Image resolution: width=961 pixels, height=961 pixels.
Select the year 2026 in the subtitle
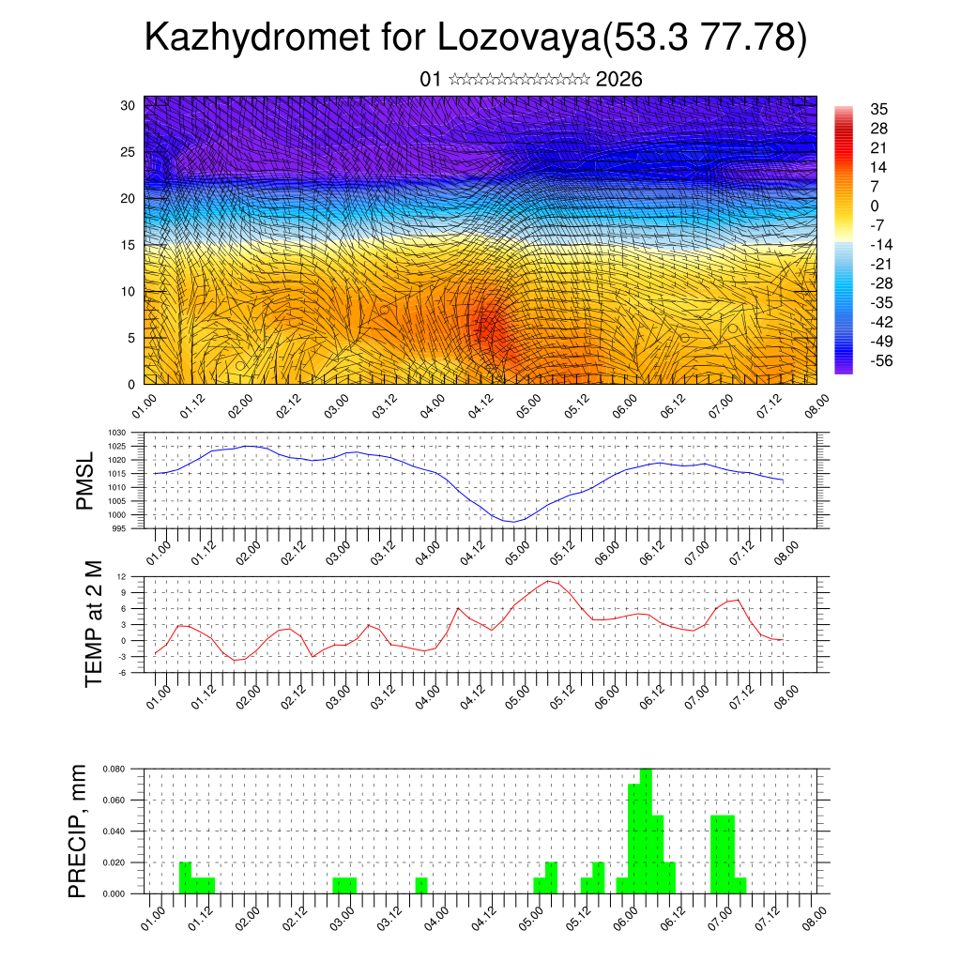coord(618,80)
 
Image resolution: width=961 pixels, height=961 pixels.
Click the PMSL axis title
coord(85,480)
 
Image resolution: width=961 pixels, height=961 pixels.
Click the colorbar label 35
coord(879,110)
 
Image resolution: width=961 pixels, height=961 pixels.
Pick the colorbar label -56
coord(881,360)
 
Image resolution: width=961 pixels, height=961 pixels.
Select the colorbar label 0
coord(875,206)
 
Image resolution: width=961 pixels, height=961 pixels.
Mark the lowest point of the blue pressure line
coord(512,522)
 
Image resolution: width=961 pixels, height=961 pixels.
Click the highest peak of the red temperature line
coord(549,581)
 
